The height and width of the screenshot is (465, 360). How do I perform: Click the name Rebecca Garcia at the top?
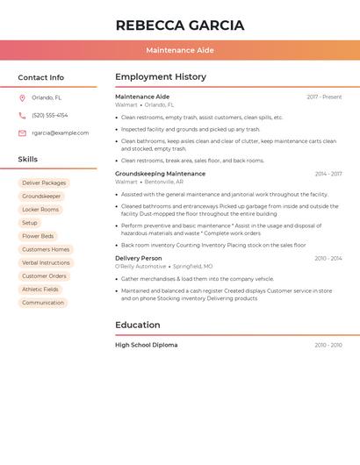(180, 25)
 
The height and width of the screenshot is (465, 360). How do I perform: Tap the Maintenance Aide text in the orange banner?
(180, 50)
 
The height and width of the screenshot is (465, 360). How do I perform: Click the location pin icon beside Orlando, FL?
(22, 97)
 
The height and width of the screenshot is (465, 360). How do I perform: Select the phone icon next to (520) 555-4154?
(22, 115)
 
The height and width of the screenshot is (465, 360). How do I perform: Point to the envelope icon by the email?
(22, 133)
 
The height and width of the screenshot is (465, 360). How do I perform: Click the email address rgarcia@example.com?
(61, 133)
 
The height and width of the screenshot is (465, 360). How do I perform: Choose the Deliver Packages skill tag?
(44, 183)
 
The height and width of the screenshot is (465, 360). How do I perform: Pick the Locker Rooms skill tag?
(40, 210)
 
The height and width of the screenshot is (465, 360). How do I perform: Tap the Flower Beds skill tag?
(38, 236)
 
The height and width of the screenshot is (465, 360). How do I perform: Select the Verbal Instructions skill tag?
(46, 262)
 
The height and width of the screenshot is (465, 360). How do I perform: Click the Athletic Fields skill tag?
(40, 289)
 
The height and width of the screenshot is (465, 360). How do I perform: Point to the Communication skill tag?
(43, 303)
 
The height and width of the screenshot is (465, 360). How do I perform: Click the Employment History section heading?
(161, 77)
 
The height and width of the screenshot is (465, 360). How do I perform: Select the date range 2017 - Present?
(324, 97)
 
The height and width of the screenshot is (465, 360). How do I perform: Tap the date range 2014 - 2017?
(328, 174)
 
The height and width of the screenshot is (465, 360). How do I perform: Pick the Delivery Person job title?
(139, 258)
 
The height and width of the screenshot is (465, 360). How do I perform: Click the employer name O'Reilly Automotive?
(140, 266)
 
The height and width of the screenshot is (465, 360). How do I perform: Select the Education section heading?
(137, 325)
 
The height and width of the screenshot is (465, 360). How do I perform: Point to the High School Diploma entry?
(147, 345)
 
